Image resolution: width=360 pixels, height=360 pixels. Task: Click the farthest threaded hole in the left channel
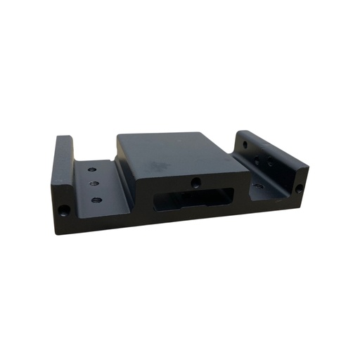click(x=91, y=169)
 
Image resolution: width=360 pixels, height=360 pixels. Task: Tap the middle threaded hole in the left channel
click(x=95, y=184)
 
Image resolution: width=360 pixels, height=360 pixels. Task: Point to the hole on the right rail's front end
click(x=300, y=188)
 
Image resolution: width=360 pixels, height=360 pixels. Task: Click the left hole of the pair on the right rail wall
click(x=258, y=161)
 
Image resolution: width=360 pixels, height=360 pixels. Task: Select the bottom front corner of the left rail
click(x=58, y=233)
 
